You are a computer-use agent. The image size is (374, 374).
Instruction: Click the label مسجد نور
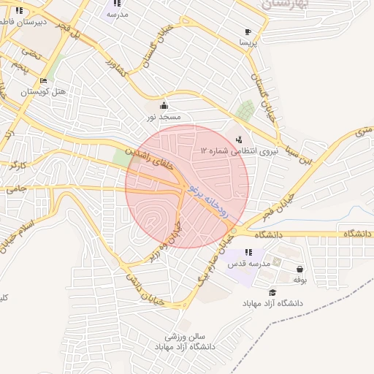tap(164, 117)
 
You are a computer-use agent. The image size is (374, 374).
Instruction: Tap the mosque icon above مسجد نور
tap(164, 105)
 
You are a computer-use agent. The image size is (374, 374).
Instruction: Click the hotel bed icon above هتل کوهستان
tap(43, 80)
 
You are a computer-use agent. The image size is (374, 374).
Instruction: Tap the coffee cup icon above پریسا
tap(248, 31)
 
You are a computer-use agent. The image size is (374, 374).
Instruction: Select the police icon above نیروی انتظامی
tap(240, 139)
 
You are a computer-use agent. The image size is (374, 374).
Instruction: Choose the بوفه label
tap(299, 280)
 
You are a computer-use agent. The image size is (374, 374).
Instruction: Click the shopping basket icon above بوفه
tap(299, 268)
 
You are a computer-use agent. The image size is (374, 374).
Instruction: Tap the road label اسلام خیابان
tap(22, 234)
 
